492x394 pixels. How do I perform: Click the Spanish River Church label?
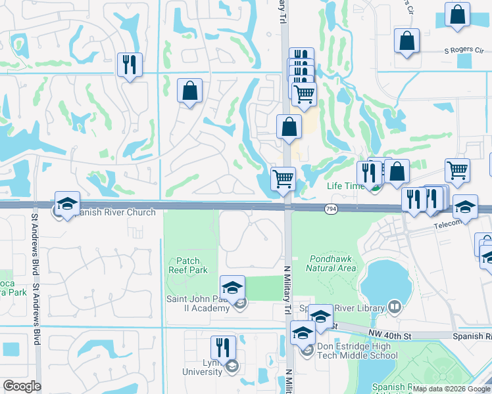[114, 212]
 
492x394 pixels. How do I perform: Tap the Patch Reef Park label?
[188, 265]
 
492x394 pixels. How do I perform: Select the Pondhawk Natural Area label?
[331, 263]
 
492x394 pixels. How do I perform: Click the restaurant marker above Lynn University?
[223, 347]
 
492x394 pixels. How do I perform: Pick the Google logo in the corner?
[22, 386]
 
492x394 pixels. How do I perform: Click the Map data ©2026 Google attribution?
[451, 389]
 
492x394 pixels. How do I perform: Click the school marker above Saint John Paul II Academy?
[232, 287]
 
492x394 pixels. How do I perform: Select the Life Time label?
[345, 186]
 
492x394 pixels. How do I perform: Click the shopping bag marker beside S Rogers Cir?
[407, 41]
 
